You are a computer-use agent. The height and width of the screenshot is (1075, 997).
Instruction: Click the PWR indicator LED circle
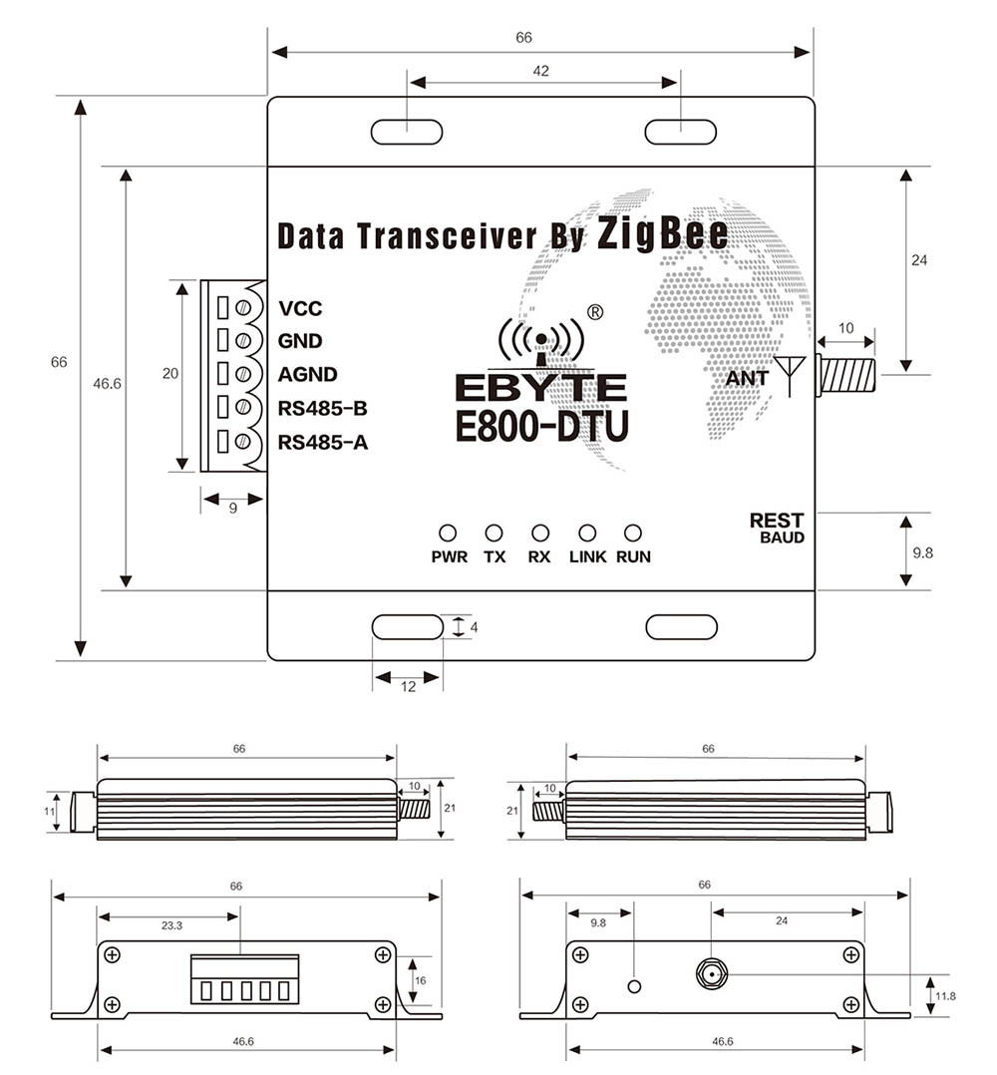click(448, 534)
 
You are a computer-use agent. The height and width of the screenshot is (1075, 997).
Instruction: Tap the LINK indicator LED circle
click(587, 534)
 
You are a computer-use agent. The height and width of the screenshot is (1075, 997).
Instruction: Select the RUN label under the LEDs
click(633, 557)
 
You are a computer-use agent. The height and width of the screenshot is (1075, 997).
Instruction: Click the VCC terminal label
click(300, 308)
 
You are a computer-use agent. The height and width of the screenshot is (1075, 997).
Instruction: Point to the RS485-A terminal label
click(323, 442)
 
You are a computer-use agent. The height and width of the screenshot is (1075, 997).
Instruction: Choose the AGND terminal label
click(307, 375)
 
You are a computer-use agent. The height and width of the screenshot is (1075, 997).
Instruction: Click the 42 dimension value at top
click(541, 71)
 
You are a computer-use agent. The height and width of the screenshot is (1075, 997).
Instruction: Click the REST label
click(776, 521)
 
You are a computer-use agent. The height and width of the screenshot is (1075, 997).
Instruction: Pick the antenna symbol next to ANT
click(793, 374)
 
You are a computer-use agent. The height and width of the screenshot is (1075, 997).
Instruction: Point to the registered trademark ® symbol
click(595, 311)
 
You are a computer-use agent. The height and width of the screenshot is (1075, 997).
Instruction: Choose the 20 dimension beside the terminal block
click(169, 374)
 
